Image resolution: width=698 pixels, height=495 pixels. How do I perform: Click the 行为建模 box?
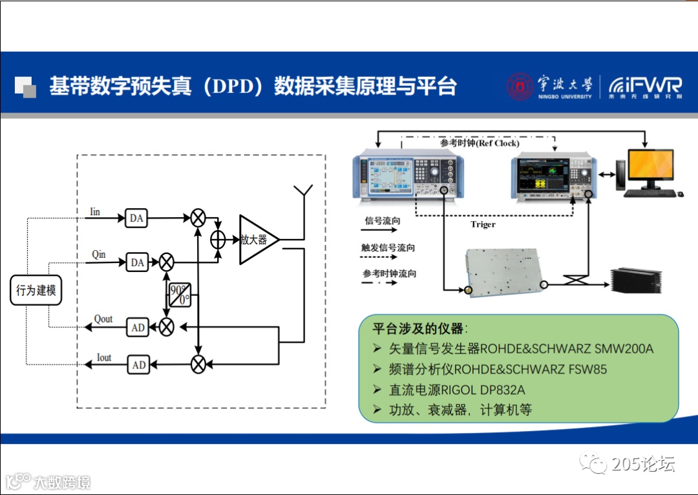tap(36, 290)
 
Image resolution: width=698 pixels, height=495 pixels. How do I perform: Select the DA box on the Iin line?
tap(136, 218)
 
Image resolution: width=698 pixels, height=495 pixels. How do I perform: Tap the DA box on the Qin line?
tap(136, 262)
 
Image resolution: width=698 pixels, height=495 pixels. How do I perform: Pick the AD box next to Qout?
tap(138, 328)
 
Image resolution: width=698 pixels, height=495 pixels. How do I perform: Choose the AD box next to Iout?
tap(138, 365)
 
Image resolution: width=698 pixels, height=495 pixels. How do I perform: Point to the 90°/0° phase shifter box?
tap(179, 294)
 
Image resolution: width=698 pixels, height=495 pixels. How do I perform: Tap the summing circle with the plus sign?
tap(218, 239)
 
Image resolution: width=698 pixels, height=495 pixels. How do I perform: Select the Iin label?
tap(95, 211)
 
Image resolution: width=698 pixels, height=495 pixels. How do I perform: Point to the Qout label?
tap(103, 319)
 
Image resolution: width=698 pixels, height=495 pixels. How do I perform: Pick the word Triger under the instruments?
tap(483, 224)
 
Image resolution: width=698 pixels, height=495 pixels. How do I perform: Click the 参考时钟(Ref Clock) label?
tap(479, 143)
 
